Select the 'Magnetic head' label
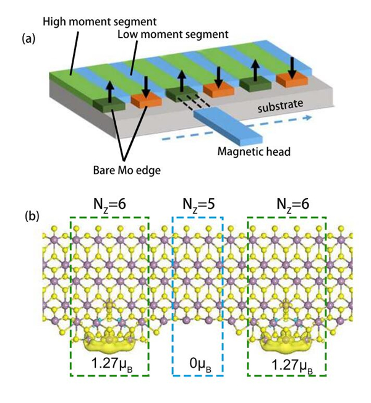point(254,150)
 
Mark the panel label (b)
point(33,217)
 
